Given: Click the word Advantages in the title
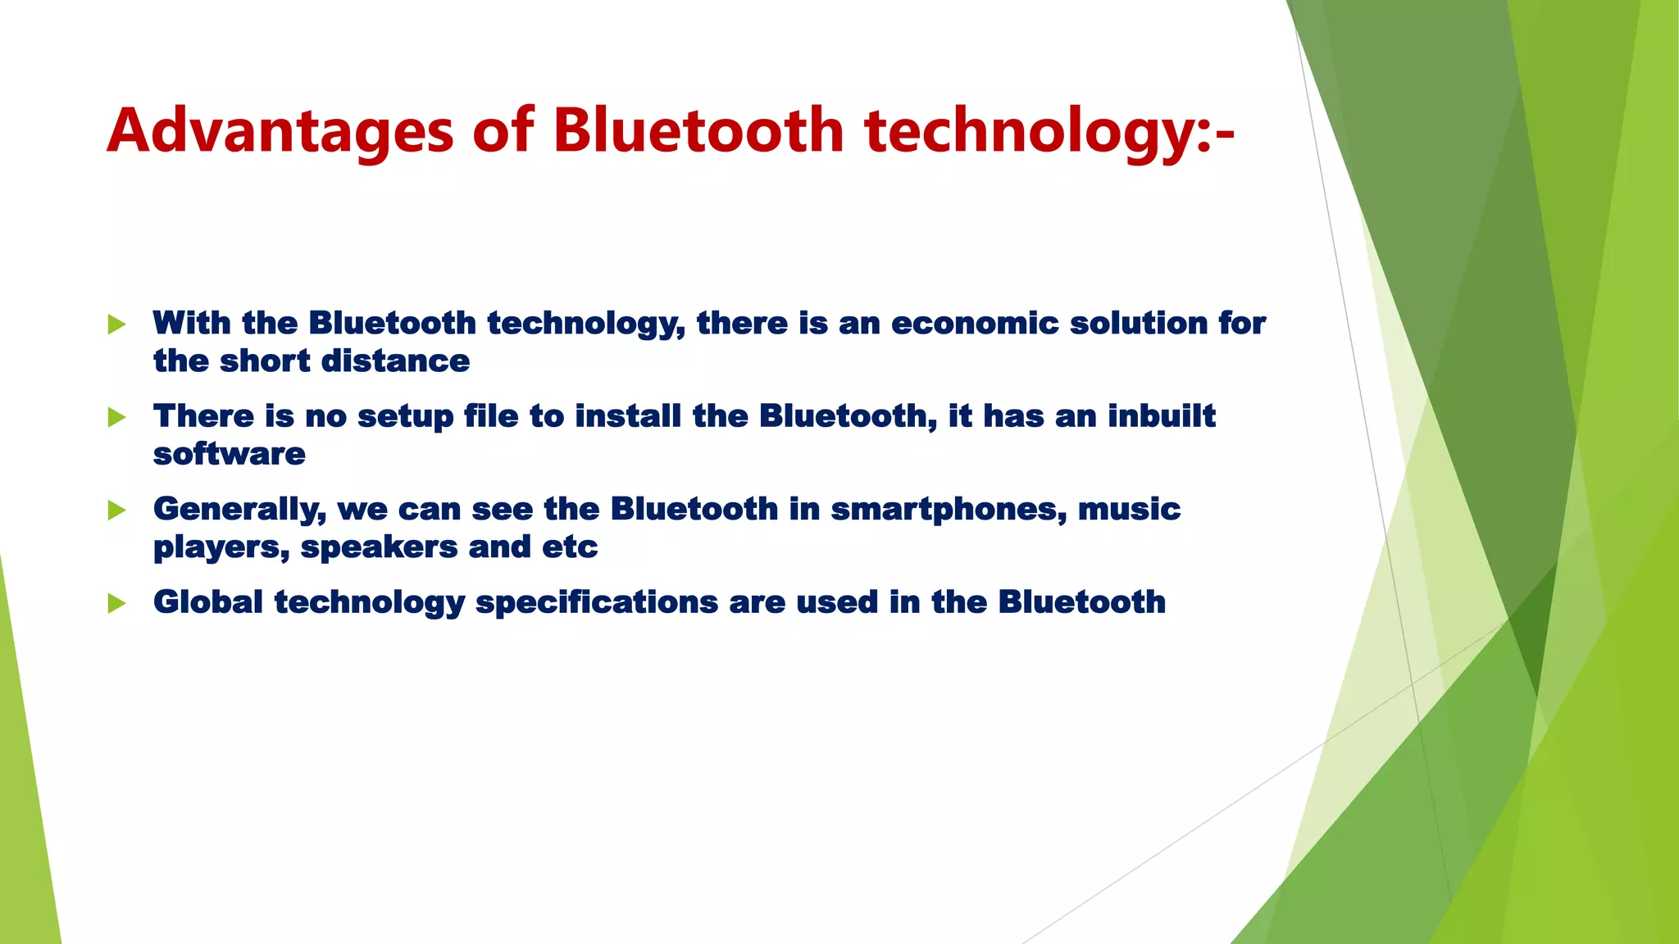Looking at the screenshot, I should pyautogui.click(x=280, y=131).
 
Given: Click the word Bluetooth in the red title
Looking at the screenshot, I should pyautogui.click(x=698, y=131).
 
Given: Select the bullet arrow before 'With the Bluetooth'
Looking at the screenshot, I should pyautogui.click(x=116, y=324).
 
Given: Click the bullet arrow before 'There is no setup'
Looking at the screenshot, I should pyautogui.click(x=116, y=418).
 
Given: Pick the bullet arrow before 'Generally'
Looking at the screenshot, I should pyautogui.click(x=116, y=511).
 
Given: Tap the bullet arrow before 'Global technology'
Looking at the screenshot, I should pyautogui.click(x=116, y=604).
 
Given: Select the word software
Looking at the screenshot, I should pyautogui.click(x=230, y=454).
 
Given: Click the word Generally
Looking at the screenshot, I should pyautogui.click(x=239, y=509).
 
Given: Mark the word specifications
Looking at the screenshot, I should pyautogui.click(x=597, y=602).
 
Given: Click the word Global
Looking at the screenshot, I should pyautogui.click(x=208, y=602).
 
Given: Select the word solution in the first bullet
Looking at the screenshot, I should pyautogui.click(x=1138, y=323).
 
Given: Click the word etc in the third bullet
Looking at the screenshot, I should pyautogui.click(x=570, y=547).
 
